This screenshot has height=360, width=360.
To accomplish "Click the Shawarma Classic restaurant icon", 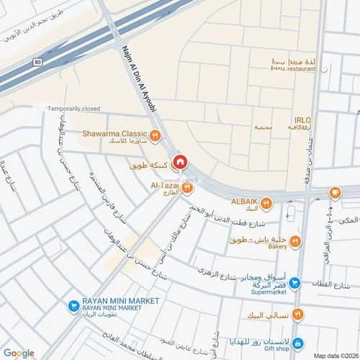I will (154, 134).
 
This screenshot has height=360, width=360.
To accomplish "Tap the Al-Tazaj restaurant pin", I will (187, 189).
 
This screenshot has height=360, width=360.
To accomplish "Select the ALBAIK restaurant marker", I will (266, 202).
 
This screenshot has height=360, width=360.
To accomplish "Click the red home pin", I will (180, 161).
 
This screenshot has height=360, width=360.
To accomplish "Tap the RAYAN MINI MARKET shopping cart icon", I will (73, 305).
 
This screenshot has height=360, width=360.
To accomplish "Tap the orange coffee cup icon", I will (335, 192).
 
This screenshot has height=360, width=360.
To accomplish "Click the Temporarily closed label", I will (74, 109).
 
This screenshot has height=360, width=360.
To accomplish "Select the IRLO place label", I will (302, 120).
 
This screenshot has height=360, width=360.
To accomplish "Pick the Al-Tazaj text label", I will (164, 185).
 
